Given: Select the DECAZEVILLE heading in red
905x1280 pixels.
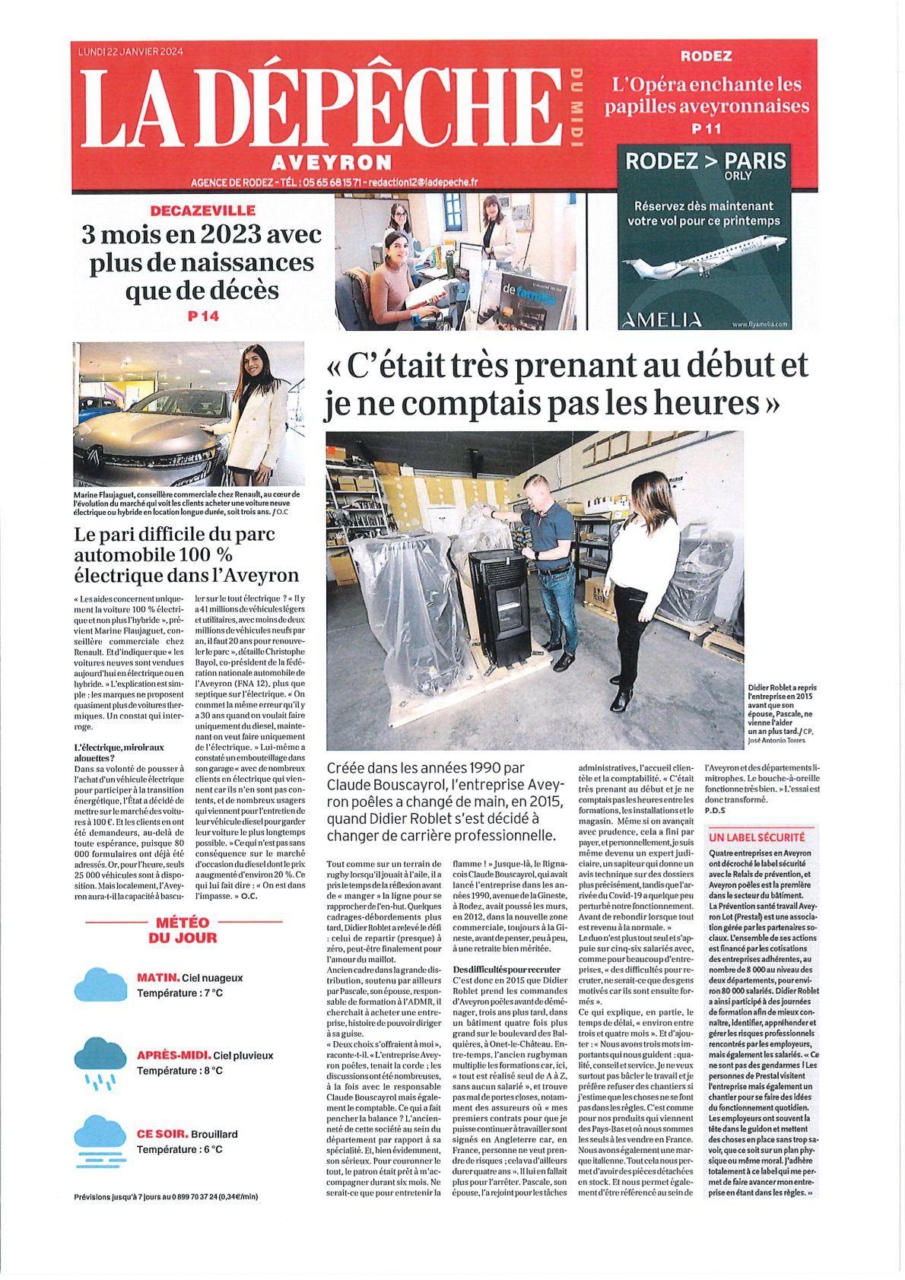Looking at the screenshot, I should [x=203, y=210].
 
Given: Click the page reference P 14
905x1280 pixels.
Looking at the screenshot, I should [x=203, y=316].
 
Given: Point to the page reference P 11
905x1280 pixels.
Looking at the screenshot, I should [x=707, y=129].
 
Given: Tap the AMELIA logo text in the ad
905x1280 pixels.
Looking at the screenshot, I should [x=662, y=320].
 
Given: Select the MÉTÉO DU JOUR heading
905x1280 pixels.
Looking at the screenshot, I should [x=183, y=930].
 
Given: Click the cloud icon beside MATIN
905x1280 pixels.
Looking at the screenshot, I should [x=100, y=984].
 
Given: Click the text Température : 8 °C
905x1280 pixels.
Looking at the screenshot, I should [x=179, y=1071].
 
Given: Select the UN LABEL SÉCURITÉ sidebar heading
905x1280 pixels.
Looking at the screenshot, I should [x=756, y=837].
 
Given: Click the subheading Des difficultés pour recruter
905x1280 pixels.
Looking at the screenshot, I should [x=506, y=969].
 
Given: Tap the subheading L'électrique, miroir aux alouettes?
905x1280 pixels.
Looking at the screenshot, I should [x=119, y=752].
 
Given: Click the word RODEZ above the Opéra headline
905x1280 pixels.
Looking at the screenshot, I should [x=706, y=56].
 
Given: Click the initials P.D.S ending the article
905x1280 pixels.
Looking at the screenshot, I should [x=715, y=810].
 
